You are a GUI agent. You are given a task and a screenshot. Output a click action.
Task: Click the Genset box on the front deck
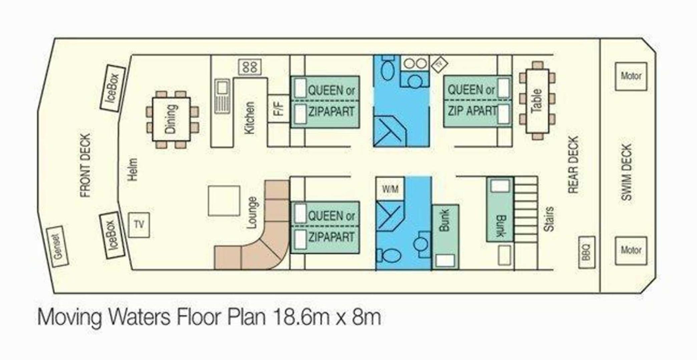tap(57, 247)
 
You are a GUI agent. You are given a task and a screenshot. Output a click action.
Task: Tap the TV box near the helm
tap(139, 225)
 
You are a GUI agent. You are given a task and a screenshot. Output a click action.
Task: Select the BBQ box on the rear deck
tap(586, 252)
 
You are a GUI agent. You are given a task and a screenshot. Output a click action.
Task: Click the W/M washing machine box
tap(390, 189)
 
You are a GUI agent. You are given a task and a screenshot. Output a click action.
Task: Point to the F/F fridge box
tap(279, 108)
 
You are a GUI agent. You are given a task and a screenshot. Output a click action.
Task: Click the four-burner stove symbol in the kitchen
tap(250, 67)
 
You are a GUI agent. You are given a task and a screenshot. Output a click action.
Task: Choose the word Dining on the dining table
tap(170, 119)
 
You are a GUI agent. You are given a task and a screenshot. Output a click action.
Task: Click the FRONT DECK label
tap(85, 165)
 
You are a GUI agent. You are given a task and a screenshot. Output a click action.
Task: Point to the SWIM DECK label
tap(627, 172)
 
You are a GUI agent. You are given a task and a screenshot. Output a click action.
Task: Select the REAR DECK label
tap(573, 164)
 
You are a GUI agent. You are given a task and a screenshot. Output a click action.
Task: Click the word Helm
tap(132, 169)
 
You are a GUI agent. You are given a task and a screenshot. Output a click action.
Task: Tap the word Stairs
tap(549, 219)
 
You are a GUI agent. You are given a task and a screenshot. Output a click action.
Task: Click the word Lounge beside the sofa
tap(252, 213)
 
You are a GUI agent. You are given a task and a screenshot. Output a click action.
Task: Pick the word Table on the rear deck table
tap(537, 101)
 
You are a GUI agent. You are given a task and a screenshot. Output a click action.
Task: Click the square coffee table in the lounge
tap(224, 201)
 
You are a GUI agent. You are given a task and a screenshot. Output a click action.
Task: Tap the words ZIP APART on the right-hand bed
tap(472, 111)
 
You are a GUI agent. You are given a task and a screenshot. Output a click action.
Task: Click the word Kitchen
tap(250, 118)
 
